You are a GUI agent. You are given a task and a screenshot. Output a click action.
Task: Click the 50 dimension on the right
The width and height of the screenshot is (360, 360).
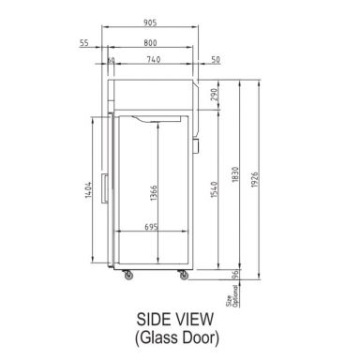point(216,61)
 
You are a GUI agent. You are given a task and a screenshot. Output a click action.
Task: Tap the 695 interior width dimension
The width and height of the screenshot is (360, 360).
point(150,227)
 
